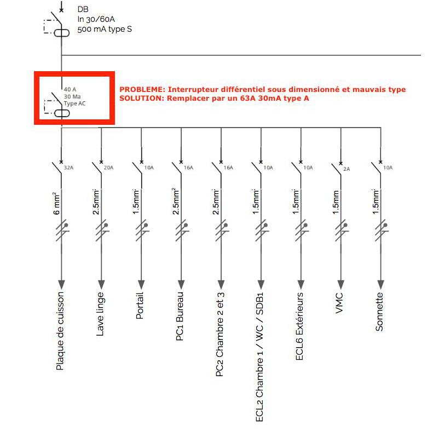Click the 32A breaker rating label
coord(68,168)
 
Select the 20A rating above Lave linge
coord(108,168)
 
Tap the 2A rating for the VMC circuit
coord(347,169)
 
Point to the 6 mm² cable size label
coord(56,203)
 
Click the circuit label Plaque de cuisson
coord(60,331)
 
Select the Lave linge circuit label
coord(100,314)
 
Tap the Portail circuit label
coord(140,306)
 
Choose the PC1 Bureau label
coord(180,316)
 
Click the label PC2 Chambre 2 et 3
coord(220,335)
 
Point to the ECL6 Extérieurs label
coord(299,326)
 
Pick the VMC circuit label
coord(339,303)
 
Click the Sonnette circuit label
coord(379,312)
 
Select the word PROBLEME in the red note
coord(142,89)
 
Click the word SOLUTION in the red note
coord(142,99)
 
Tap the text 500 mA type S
coord(105,29)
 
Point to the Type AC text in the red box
coord(74,103)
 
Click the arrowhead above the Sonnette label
coord(381,285)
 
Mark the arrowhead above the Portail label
coord(141,285)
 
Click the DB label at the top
coord(83,9)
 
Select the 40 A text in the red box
coord(70,89)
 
